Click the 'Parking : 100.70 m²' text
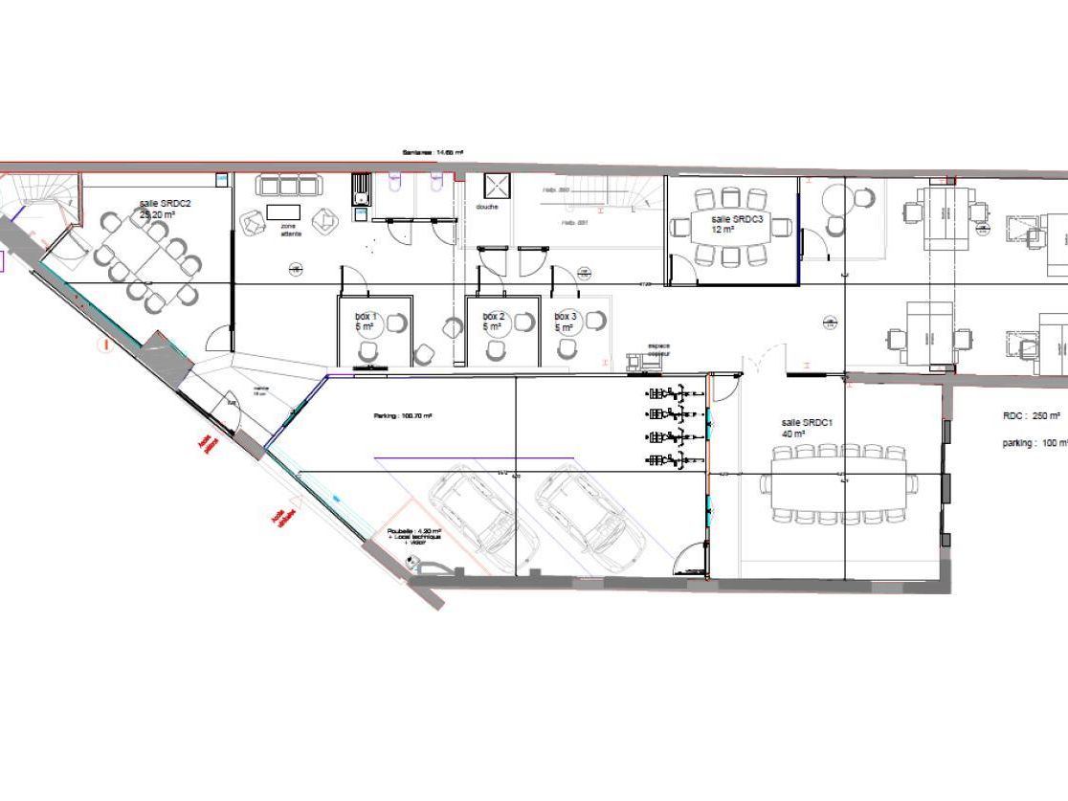[x=403, y=416]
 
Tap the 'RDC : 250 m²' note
[x=1031, y=416]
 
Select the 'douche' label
[x=487, y=207]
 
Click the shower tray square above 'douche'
[x=498, y=185]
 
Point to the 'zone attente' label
[x=290, y=229]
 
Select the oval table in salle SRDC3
[x=733, y=227]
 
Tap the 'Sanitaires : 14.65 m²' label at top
[x=434, y=152]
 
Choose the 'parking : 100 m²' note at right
[x=1035, y=443]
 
